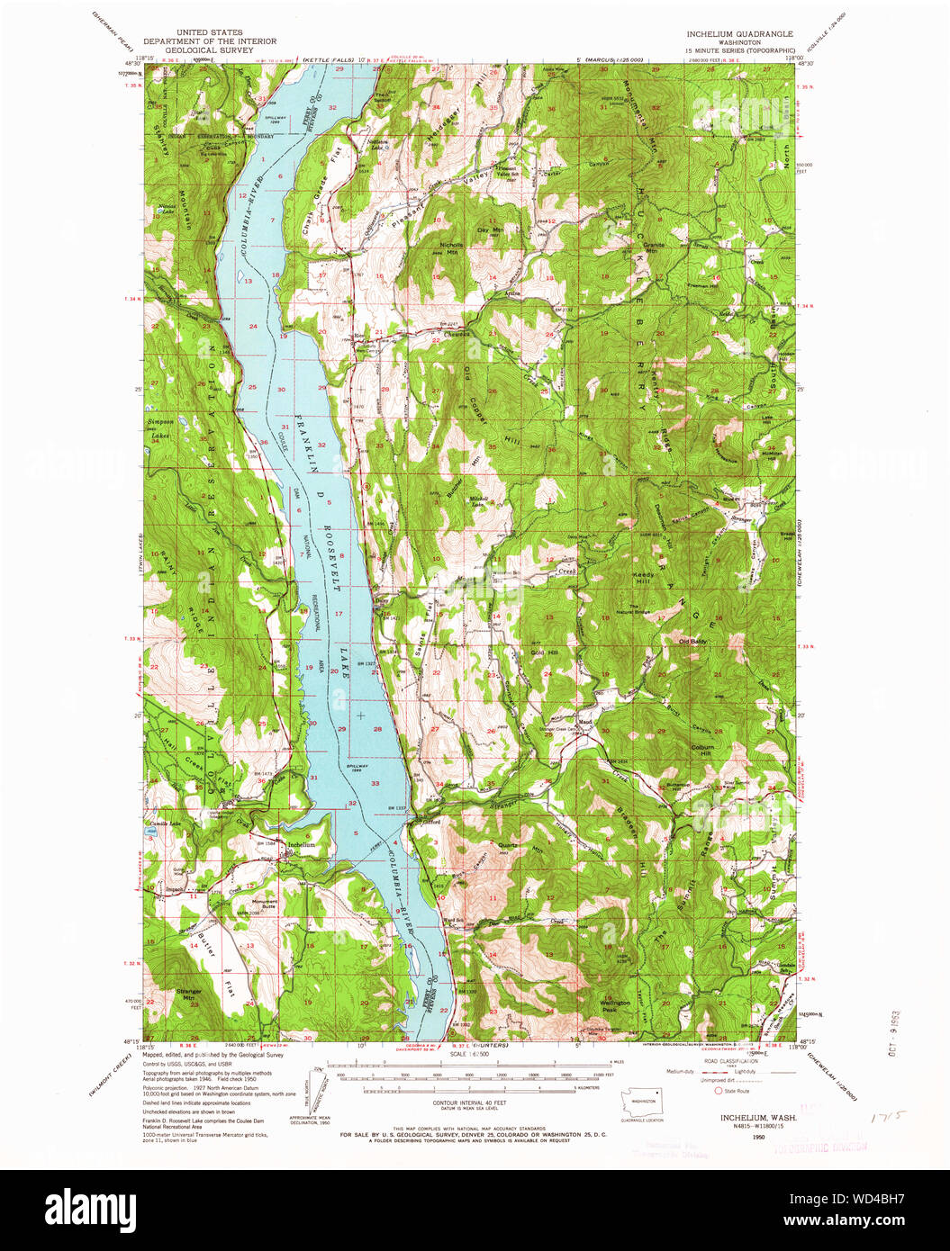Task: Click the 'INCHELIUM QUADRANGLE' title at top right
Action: click(x=739, y=33)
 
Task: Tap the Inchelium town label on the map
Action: click(x=301, y=845)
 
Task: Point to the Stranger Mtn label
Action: click(x=189, y=994)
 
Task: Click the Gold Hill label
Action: click(x=545, y=652)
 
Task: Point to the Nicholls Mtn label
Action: click(x=451, y=247)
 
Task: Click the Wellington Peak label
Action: click(x=615, y=1005)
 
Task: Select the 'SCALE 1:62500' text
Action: click(x=470, y=1053)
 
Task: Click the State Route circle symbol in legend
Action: click(x=719, y=1090)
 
